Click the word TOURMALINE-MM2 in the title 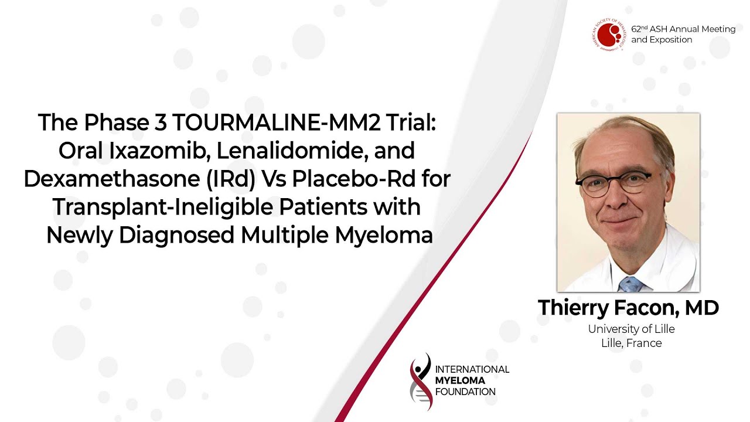pos(277,122)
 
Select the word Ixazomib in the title pos(159,151)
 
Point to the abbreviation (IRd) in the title pos(231,179)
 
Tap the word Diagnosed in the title pos(176,236)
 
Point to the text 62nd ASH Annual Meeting pos(683,29)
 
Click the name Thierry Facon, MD pos(628,308)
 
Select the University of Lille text pos(631,329)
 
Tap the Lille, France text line pos(632,343)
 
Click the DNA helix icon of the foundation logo pos(421,382)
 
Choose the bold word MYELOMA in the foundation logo pos(460,380)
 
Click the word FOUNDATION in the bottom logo pos(465,392)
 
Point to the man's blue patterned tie pos(630,284)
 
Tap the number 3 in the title pos(161,122)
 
